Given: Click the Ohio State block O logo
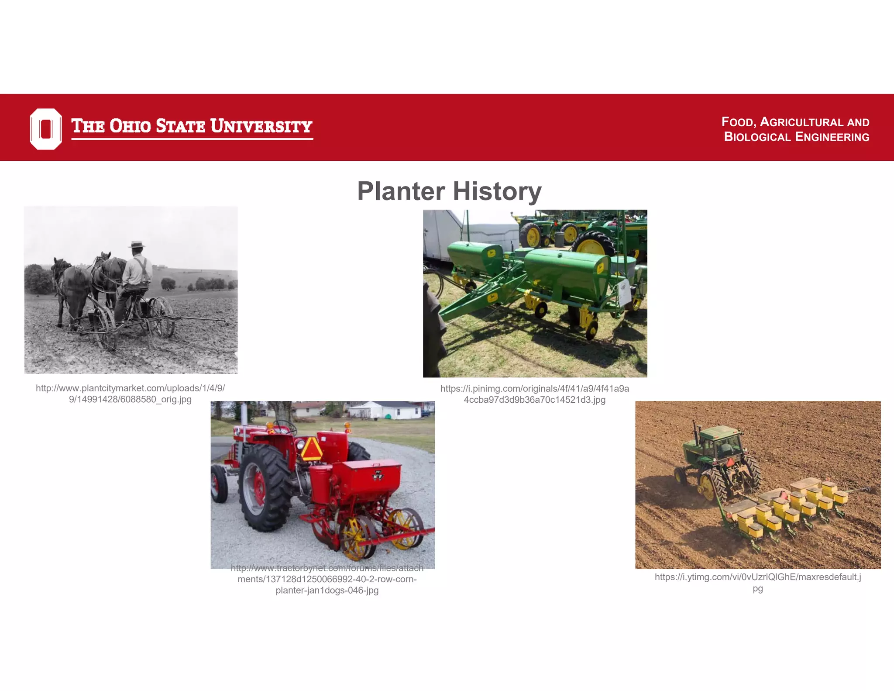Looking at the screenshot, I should pyautogui.click(x=46, y=129).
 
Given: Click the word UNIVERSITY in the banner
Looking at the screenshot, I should pyautogui.click(x=261, y=126).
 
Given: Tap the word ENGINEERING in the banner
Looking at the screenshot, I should pyautogui.click(x=832, y=137).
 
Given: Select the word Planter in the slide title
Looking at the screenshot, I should pyautogui.click(x=401, y=191).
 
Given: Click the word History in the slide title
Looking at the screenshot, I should pyautogui.click(x=497, y=191).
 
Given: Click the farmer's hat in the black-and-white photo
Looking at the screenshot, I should pyautogui.click(x=137, y=245).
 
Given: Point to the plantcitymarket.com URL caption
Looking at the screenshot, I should pyautogui.click(x=130, y=394).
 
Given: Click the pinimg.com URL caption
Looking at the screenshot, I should pyautogui.click(x=534, y=394).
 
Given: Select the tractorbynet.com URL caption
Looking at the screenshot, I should pyautogui.click(x=327, y=579).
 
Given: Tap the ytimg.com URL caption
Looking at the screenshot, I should pyautogui.click(x=758, y=582).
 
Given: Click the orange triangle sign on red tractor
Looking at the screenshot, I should pyautogui.click(x=311, y=449).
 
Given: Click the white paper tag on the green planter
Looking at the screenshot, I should pyautogui.click(x=624, y=292).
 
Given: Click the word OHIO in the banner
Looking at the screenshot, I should pyautogui.click(x=130, y=126).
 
